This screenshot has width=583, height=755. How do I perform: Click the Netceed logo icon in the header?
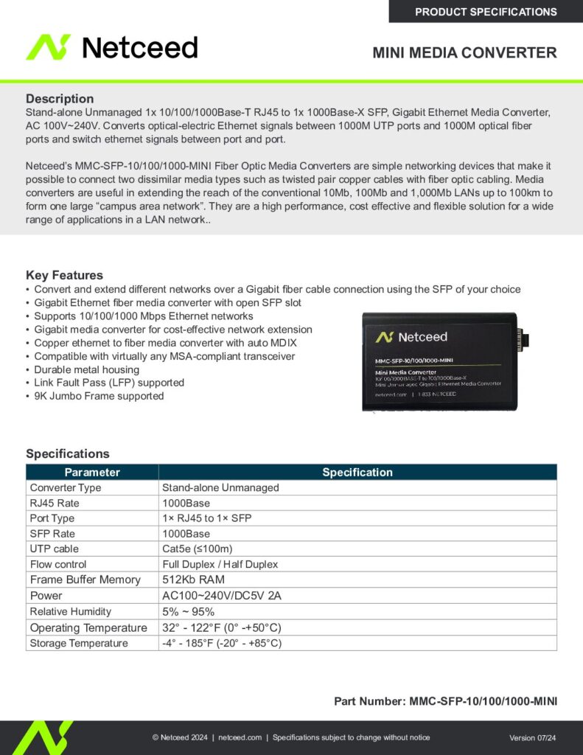(49, 47)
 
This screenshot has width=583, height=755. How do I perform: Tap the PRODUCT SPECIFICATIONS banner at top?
(486, 12)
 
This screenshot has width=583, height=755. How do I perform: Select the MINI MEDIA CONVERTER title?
(464, 53)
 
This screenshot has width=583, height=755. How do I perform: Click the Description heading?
(60, 99)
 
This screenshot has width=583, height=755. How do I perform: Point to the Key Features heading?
(64, 275)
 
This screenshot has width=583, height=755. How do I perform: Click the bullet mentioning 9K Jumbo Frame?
(99, 396)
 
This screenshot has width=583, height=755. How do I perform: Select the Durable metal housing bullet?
(86, 369)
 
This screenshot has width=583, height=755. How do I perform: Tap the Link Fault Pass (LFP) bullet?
(109, 383)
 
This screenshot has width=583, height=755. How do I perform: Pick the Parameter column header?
(92, 472)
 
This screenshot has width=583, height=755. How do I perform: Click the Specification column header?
(357, 472)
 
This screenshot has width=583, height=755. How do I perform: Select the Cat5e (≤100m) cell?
(197, 549)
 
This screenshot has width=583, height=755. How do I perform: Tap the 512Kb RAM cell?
(193, 580)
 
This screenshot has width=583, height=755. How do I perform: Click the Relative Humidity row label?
(71, 611)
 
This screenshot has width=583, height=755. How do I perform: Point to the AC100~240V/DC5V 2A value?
(222, 596)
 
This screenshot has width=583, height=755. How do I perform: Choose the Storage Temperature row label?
(79, 643)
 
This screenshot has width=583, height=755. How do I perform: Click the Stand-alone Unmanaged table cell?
(220, 487)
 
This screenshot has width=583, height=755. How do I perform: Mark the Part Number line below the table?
(445, 700)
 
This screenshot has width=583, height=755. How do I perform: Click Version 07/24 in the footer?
(532, 738)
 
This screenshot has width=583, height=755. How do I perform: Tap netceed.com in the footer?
(240, 737)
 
